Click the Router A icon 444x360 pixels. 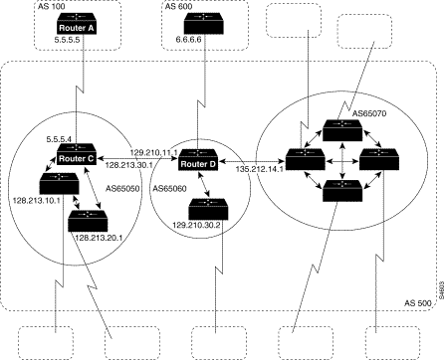tap(77, 23)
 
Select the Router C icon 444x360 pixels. tap(77, 154)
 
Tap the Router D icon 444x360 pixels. tap(198, 160)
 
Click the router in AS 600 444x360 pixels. tap(203, 23)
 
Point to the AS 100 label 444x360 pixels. tap(52, 6)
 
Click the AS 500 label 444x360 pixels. tap(418, 303)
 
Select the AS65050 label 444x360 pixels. tap(122, 189)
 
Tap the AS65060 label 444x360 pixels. tap(169, 189)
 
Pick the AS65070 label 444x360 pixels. tap(369, 113)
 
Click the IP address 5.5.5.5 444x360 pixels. tap(68, 40)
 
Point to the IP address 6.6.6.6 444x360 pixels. tap(188, 40)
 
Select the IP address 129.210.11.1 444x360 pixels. tap(154, 152)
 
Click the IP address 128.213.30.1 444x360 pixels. tap(128, 165)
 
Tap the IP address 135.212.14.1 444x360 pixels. tap(260, 169)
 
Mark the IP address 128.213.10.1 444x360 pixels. tap(36, 200)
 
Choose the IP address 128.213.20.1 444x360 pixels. tap(99, 238)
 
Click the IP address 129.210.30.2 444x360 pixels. tap(196, 225)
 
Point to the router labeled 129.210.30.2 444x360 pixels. tap(208, 209)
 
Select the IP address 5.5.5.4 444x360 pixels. tap(59, 139)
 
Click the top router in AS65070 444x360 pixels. tap(342, 130)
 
